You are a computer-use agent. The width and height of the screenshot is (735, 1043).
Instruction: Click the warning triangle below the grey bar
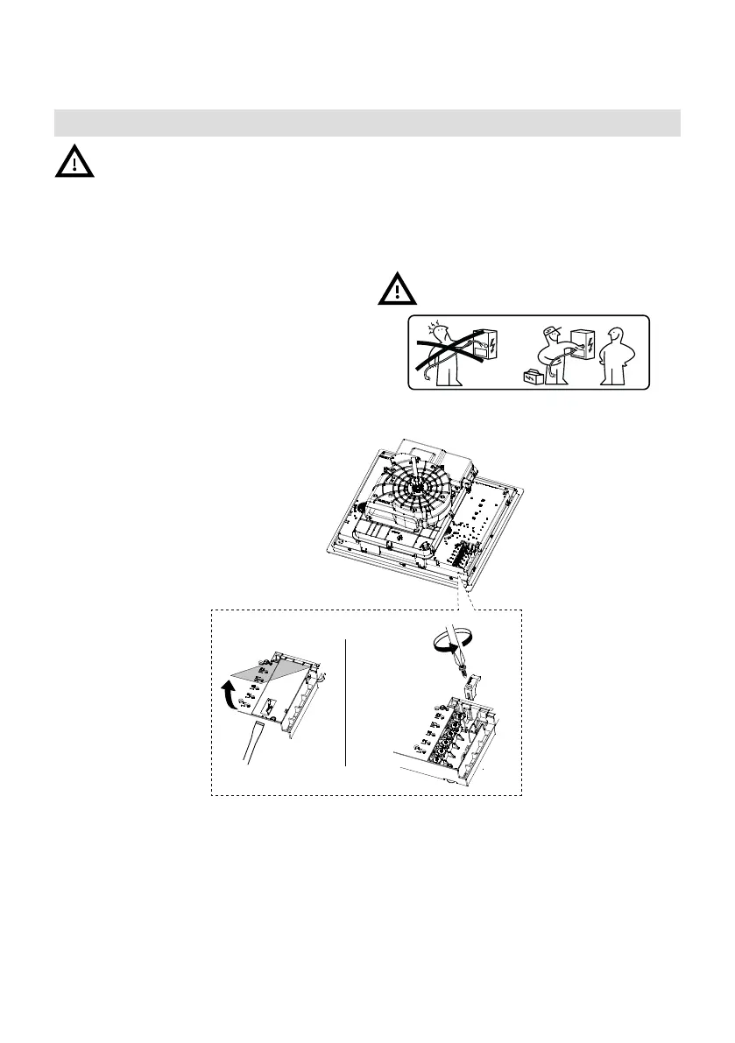75,161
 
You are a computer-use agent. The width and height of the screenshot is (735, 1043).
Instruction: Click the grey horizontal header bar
367,123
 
